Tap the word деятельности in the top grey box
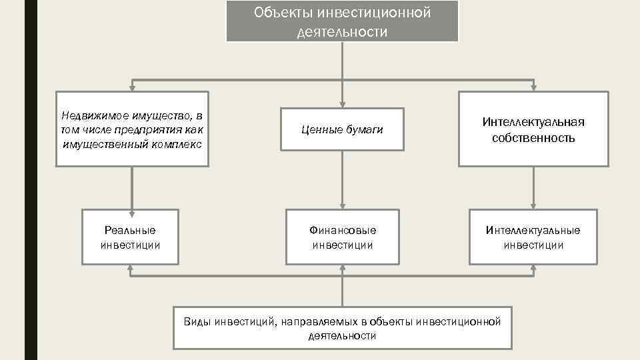tap(342, 32)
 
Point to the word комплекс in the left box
tap(181, 144)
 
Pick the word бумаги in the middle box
tap(363, 129)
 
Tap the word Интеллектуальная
tap(533, 122)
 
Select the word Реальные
tap(130, 230)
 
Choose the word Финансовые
tap(342, 230)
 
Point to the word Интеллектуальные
tap(533, 230)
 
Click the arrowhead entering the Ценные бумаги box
tap(342, 103)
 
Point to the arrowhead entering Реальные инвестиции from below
tap(131, 269)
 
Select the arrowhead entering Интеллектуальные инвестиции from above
tap(533, 205)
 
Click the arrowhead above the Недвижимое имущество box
tap(131, 87)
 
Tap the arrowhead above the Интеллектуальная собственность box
tap(533, 87)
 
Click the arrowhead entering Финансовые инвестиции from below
tap(342, 269)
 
